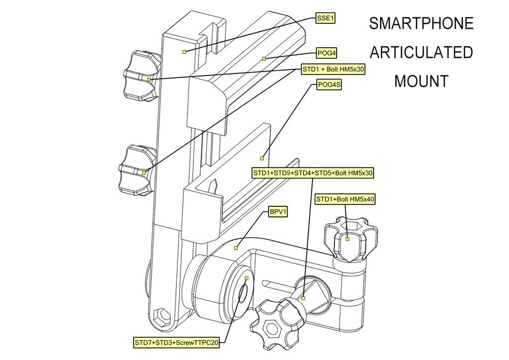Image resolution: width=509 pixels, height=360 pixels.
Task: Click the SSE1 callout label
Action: click(326, 18)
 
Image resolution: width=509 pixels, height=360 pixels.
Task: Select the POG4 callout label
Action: click(328, 52)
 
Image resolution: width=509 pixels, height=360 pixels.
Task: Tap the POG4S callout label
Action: click(329, 85)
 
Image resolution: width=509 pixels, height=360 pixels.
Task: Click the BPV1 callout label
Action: click(278, 212)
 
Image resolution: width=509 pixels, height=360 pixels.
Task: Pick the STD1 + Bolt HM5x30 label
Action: click(333, 69)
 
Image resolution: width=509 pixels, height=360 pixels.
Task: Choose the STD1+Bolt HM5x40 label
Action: click(345, 199)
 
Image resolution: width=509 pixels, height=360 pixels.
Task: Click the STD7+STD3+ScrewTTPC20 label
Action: click(176, 343)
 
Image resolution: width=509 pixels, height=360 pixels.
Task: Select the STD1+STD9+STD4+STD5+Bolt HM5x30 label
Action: click(313, 173)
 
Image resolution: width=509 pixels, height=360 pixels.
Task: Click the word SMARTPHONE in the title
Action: click(421, 23)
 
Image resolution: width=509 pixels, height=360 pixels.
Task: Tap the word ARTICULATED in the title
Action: click(421, 52)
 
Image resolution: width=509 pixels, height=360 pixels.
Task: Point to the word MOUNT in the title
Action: click(421, 81)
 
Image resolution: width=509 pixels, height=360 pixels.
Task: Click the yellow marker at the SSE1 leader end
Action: click(184, 52)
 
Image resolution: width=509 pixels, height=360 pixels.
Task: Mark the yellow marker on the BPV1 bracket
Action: click(236, 247)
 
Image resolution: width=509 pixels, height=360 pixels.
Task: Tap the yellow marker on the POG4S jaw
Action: click(262, 159)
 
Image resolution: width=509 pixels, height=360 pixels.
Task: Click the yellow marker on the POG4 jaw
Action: click(264, 59)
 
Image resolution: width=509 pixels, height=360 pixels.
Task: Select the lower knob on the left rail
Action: click(135, 170)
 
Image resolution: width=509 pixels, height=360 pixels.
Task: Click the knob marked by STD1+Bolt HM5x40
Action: click(348, 241)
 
